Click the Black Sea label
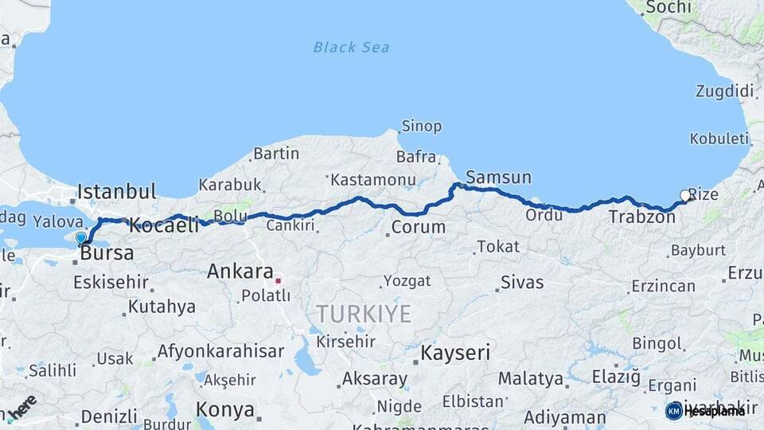(x=351, y=47)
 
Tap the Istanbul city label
(x=116, y=192)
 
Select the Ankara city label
(x=240, y=272)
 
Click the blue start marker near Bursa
(x=81, y=237)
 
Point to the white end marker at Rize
(x=685, y=195)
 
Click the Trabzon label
(x=641, y=217)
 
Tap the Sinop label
(x=421, y=127)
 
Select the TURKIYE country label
(x=364, y=314)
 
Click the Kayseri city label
(x=455, y=353)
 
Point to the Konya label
(x=225, y=410)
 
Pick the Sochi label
(x=668, y=7)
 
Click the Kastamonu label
(x=372, y=180)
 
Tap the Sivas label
(x=522, y=283)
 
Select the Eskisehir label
(x=111, y=282)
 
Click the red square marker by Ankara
(x=278, y=280)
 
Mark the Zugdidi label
(x=724, y=92)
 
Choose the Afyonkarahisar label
(x=220, y=351)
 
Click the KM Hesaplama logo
(x=705, y=411)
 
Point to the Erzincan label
(x=663, y=286)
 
